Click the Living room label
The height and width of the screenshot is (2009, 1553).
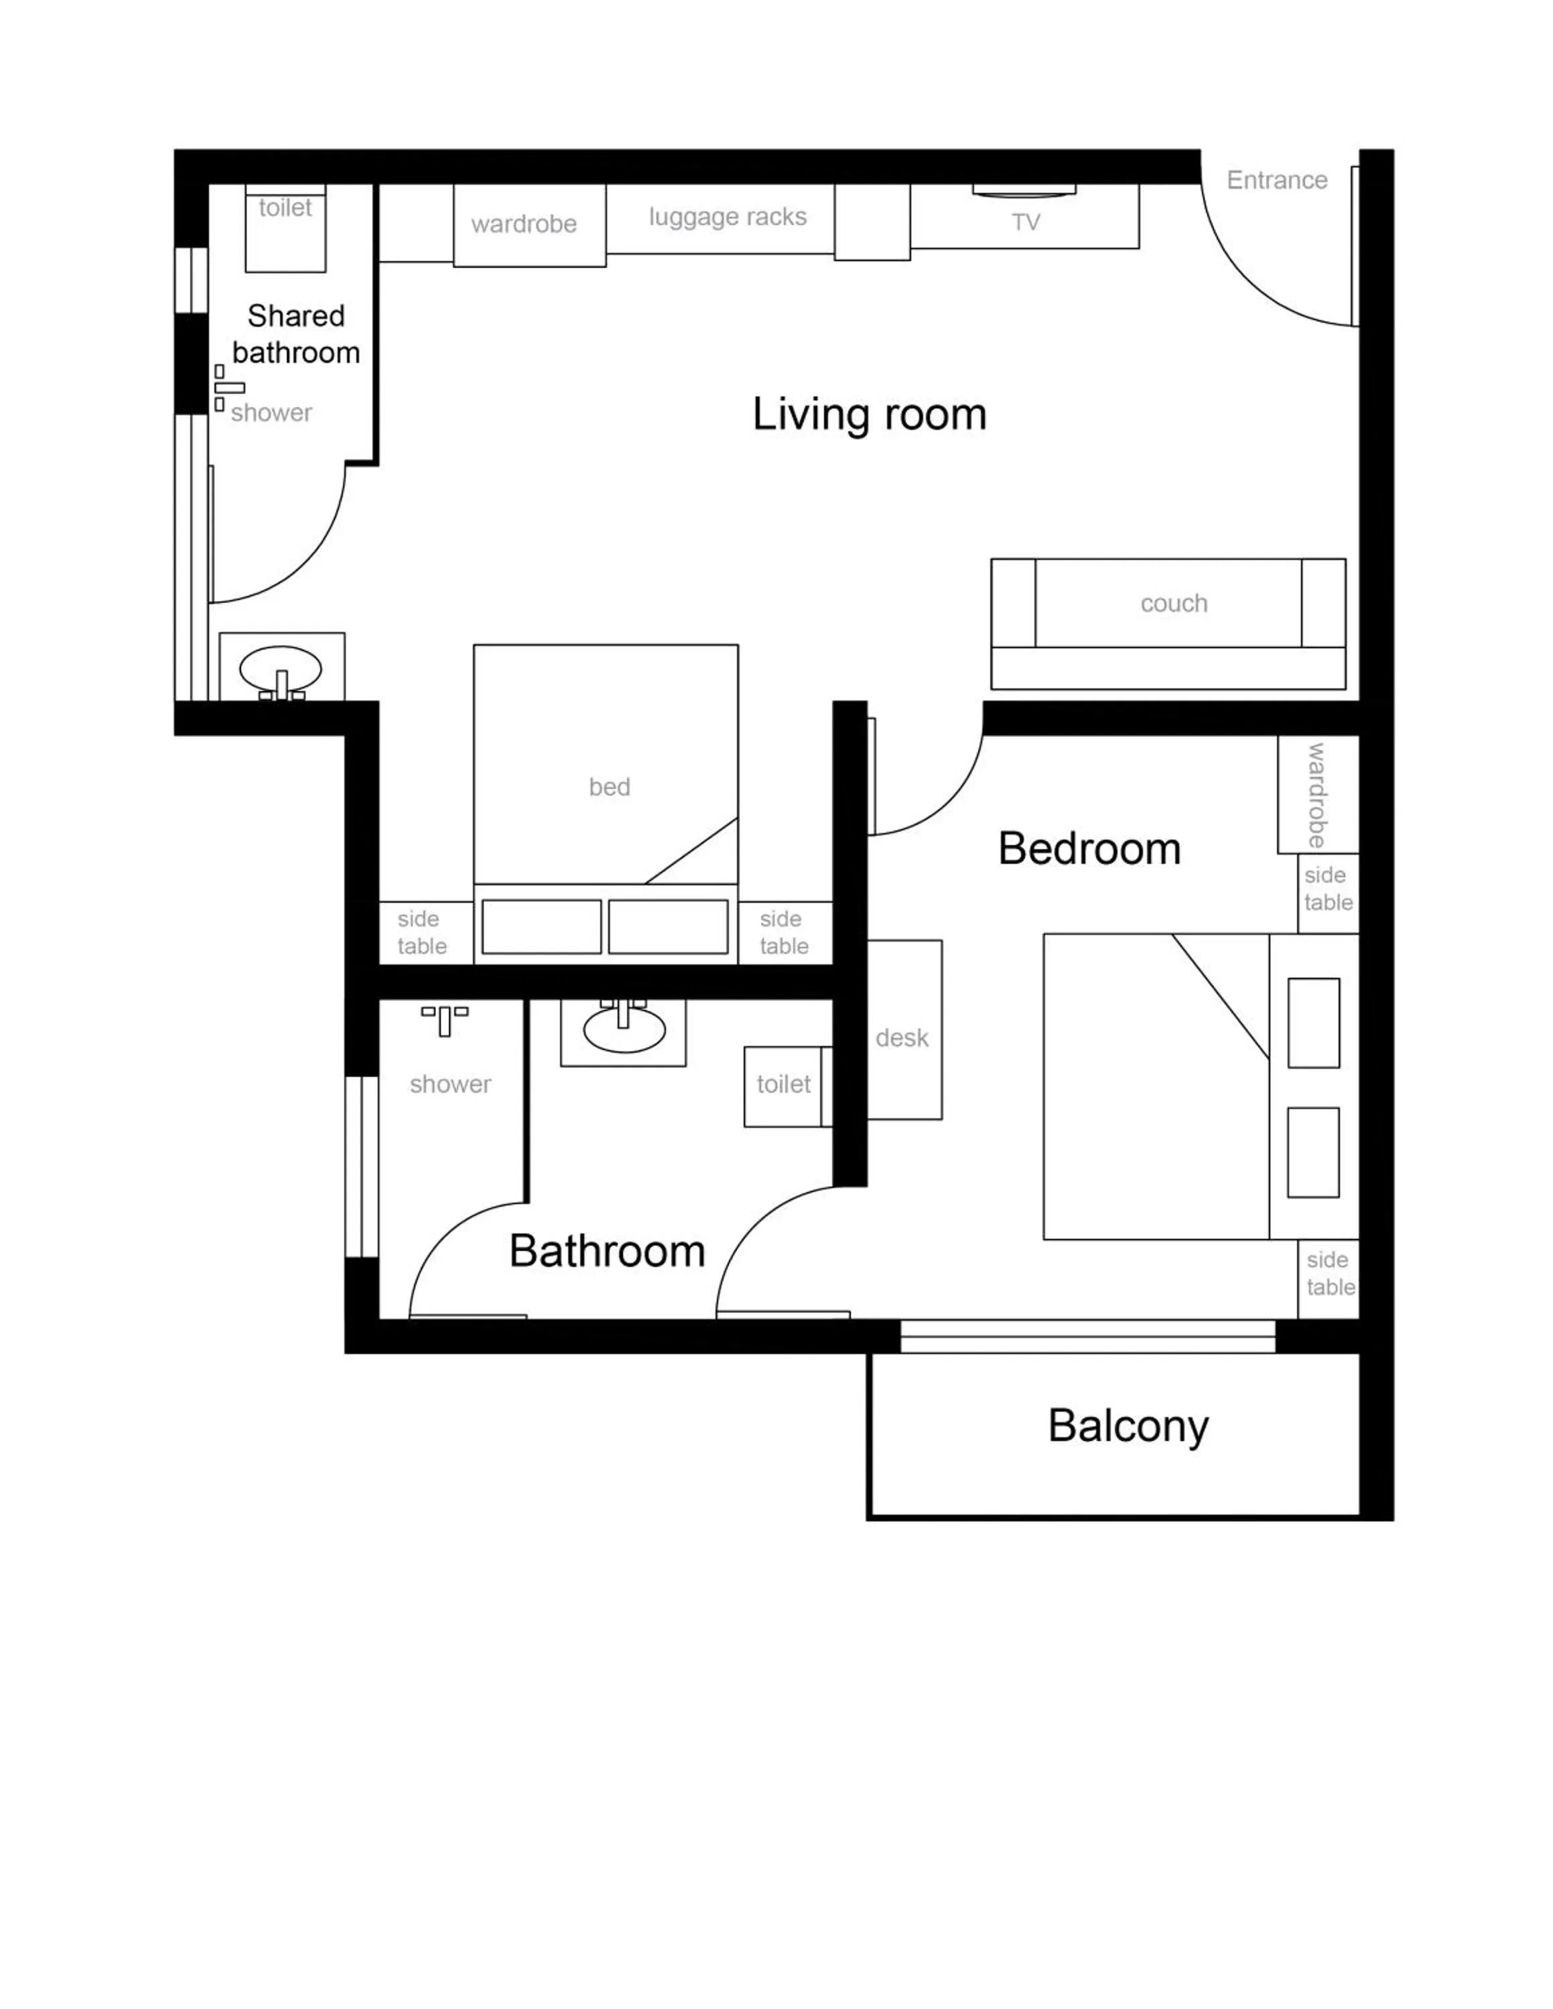[x=868, y=414]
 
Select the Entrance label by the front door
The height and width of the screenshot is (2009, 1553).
[x=1276, y=180]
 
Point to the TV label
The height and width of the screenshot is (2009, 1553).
[x=1025, y=222]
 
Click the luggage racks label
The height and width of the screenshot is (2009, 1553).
[x=727, y=217]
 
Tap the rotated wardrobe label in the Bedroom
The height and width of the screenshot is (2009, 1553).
[x=1316, y=796]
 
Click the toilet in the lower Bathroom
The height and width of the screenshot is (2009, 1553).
[x=783, y=1086]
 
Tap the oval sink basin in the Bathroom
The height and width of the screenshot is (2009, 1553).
[x=624, y=1031]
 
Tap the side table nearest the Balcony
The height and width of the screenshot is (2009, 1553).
[x=1329, y=1273]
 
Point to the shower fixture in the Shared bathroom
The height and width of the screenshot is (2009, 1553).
[x=228, y=387]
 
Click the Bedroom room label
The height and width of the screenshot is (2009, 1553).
[x=1089, y=848]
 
